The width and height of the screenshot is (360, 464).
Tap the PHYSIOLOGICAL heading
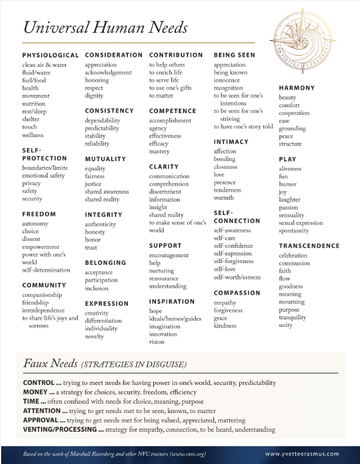(50, 55)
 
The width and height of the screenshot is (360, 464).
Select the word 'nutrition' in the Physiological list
(33, 104)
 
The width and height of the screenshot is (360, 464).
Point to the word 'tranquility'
(293, 318)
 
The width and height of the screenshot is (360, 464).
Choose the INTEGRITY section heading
(104, 215)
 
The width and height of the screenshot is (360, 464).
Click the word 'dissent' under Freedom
(32, 239)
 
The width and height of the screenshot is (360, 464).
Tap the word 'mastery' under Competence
(159, 152)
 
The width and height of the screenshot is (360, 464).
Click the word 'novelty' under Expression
(94, 337)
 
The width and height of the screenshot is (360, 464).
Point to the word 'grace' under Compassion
(221, 318)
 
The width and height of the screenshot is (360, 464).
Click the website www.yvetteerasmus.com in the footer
(303, 453)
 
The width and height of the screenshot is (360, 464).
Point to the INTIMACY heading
(231, 142)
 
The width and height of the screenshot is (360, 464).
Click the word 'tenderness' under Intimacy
(227, 190)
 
